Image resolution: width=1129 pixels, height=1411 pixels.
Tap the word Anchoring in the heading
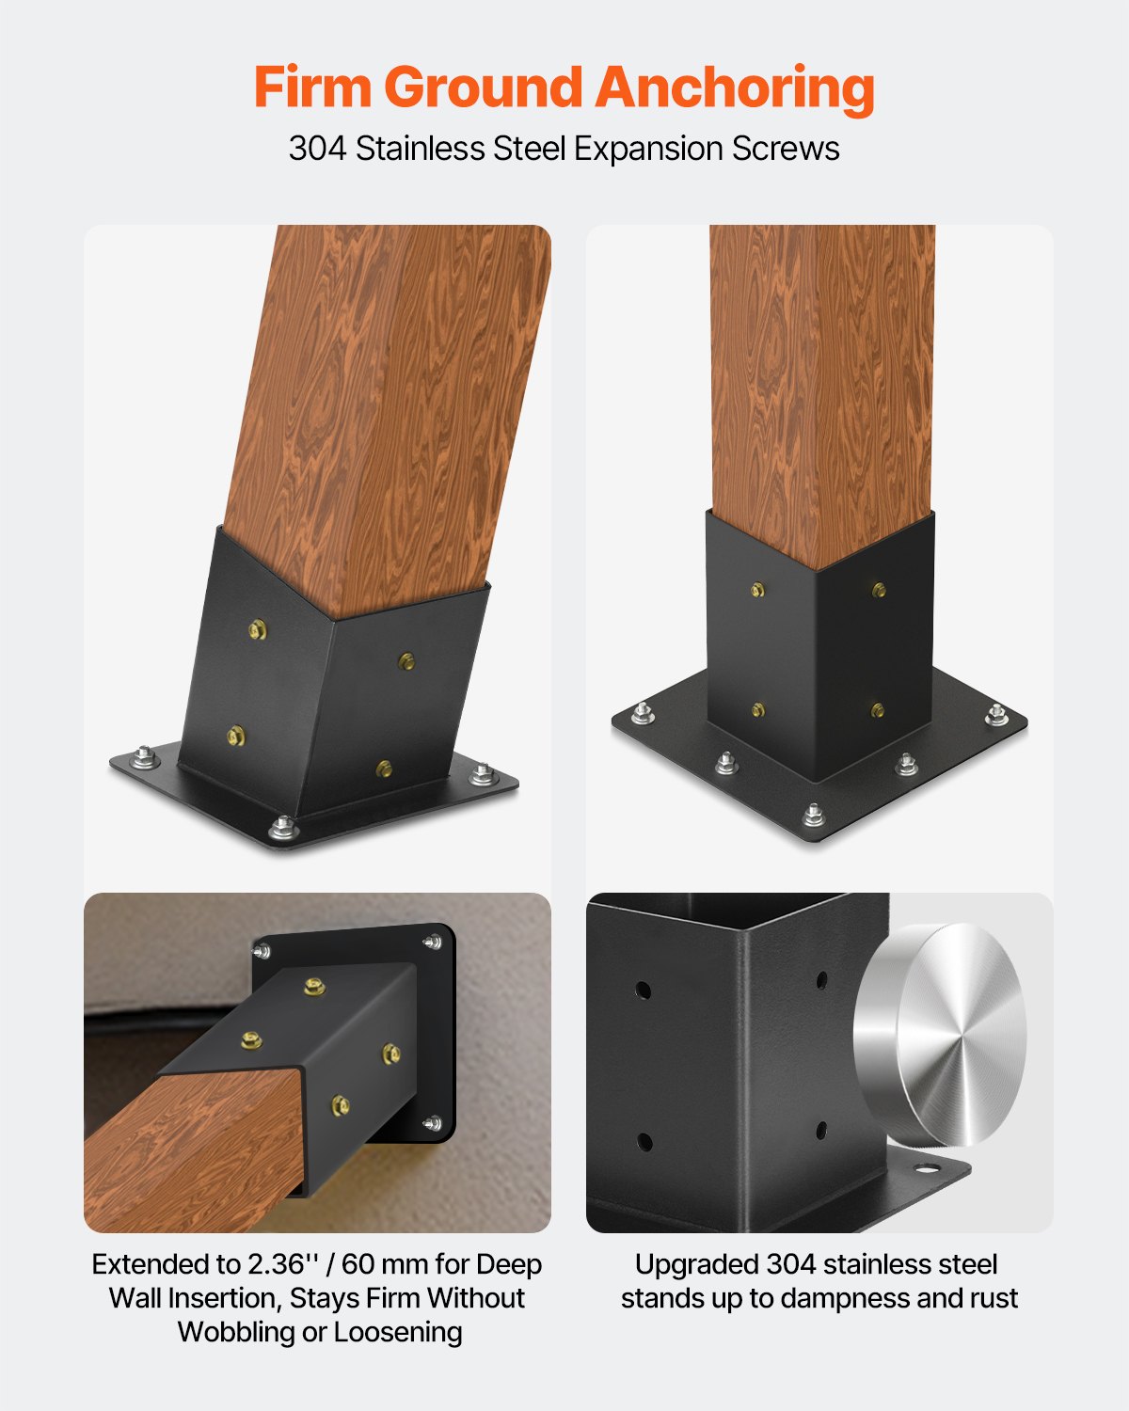[735, 89]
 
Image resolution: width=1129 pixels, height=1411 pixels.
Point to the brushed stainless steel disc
[941, 1035]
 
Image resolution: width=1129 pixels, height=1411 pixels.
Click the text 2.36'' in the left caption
[283, 1264]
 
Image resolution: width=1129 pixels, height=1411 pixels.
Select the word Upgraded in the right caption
[696, 1264]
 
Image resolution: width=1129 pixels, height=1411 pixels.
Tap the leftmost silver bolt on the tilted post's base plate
[144, 756]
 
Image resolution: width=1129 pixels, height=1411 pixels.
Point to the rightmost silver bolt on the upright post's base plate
[996, 715]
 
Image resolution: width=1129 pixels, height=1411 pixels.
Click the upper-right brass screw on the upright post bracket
[879, 591]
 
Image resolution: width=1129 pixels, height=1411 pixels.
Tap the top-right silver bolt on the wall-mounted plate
[433, 942]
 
